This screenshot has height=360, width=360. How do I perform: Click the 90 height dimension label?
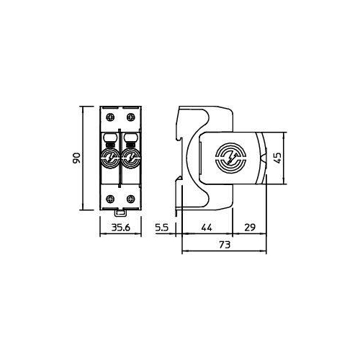point(76,158)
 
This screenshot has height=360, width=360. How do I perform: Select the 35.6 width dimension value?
point(121,228)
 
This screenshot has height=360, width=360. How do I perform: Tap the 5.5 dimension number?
point(162,228)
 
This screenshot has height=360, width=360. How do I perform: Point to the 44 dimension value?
point(207,228)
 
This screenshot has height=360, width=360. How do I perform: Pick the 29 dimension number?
point(250,228)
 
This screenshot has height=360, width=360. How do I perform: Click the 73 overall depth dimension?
point(225,245)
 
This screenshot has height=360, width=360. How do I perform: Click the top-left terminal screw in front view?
point(110,117)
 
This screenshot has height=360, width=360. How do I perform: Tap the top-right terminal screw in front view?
point(131,117)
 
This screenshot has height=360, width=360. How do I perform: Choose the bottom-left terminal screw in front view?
point(110,199)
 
